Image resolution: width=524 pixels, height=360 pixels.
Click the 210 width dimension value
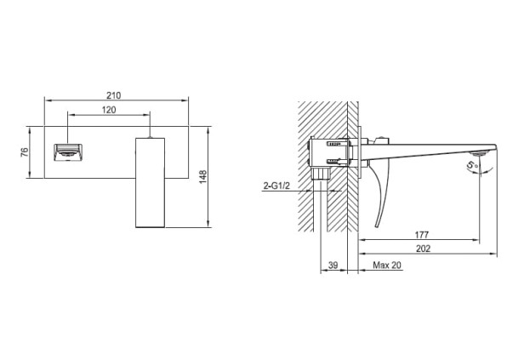tap(114, 95)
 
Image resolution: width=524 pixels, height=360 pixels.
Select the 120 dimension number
tap(109, 110)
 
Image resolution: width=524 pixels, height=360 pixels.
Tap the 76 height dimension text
tap(25, 152)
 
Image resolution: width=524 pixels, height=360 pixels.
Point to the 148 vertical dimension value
tap(203, 177)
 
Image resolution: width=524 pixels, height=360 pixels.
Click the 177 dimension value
tap(421, 235)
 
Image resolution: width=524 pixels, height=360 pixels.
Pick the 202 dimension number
tap(423, 249)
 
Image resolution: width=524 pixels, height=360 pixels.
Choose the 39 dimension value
tap(333, 265)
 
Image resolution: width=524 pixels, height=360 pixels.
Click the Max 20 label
tap(387, 265)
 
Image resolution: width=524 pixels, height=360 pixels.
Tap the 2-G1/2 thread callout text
tap(276, 186)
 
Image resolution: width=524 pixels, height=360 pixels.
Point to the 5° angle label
tap(472, 164)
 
